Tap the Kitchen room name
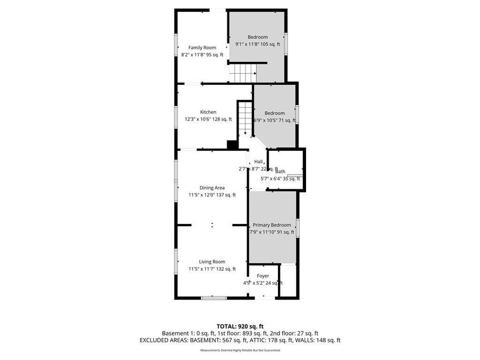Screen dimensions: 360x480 [x=208, y=112]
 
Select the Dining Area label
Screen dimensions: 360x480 [x=212, y=188]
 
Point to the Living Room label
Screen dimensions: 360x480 [x=212, y=262]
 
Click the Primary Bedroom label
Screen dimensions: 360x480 [x=272, y=225]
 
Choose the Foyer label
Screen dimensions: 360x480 [x=263, y=276]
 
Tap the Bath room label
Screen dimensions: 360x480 [x=281, y=172]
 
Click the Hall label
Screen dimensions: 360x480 [x=259, y=162]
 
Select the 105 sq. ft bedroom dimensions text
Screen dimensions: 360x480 [x=258, y=44]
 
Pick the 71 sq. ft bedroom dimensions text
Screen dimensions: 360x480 [x=275, y=121]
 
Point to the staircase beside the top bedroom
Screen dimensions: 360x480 [x=243, y=71]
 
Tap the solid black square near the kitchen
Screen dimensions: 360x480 [x=232, y=145]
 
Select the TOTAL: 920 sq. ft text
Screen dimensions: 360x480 [x=240, y=326]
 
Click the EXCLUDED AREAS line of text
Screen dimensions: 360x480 [x=240, y=340]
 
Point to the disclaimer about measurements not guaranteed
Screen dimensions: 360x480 [x=240, y=350]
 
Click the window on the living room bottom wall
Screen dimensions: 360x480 [x=213, y=298]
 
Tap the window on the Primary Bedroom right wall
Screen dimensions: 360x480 [x=298, y=228]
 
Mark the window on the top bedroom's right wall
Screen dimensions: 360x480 [x=286, y=43]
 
